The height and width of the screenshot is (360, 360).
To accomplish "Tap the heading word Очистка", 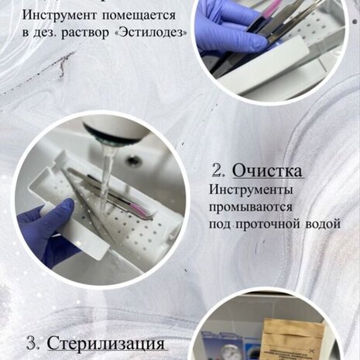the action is (267, 171).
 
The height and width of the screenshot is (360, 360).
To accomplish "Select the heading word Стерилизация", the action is (106, 344).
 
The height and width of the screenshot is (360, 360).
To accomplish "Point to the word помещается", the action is (139, 16).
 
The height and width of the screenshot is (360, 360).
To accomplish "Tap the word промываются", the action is (251, 207).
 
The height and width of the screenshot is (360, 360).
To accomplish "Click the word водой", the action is (323, 224).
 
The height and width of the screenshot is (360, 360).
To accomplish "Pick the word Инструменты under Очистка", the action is (251, 190).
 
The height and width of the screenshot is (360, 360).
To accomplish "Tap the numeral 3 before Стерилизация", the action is (33, 344).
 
